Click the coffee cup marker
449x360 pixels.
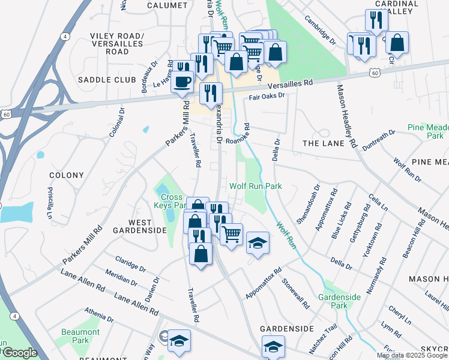coord(182,82)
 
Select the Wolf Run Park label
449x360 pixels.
coord(255,187)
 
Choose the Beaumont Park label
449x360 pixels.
coord(80,336)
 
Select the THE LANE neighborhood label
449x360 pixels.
coord(324,143)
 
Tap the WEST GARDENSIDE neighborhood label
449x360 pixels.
coord(140,226)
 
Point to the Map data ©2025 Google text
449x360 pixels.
coord(412,355)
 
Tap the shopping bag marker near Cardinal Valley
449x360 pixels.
coord(397,43)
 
